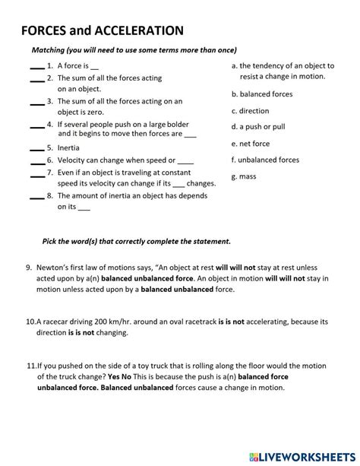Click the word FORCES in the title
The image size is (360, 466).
pyautogui.click(x=45, y=31)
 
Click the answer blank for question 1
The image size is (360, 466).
pyautogui.click(x=36, y=67)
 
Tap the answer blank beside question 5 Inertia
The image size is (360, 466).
pyautogui.click(x=36, y=149)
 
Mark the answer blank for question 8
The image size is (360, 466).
pyautogui.click(x=36, y=197)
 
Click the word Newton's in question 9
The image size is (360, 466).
pyautogui.click(x=55, y=268)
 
